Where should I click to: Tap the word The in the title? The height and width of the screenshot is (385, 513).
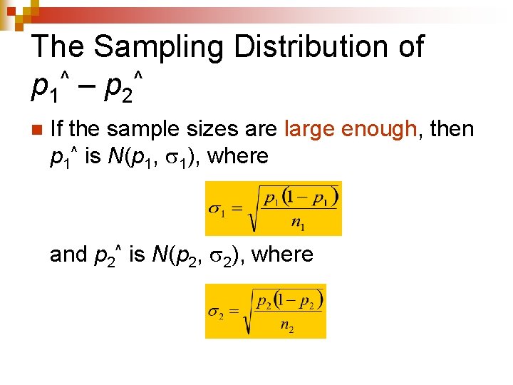[x=58, y=47]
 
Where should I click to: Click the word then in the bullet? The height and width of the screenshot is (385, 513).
[x=449, y=129]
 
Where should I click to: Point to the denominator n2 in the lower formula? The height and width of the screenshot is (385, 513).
[x=287, y=327]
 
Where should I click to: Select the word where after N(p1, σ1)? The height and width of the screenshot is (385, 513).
[x=239, y=155]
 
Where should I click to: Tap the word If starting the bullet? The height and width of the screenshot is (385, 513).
[x=58, y=129]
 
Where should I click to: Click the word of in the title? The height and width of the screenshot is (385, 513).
[x=408, y=47]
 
